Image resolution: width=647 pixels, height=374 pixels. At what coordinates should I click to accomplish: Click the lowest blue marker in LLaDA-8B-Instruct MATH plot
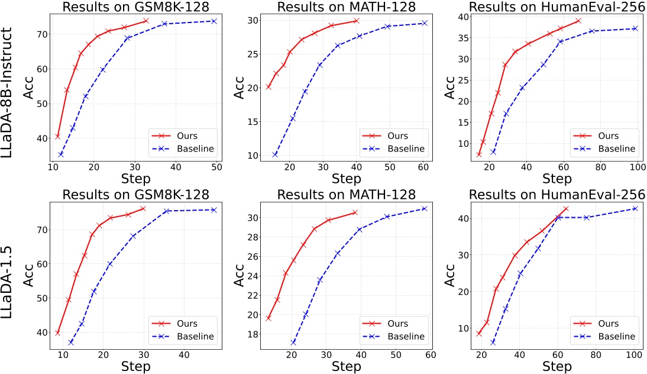275,155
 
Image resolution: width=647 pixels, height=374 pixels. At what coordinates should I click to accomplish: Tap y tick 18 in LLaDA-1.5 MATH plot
254,334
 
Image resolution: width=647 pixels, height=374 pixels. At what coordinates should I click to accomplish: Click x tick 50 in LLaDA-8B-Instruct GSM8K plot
216,168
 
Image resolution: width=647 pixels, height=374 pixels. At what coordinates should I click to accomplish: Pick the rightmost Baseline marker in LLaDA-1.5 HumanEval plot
635,208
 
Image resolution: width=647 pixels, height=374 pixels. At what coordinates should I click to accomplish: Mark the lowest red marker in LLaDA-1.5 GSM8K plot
57,333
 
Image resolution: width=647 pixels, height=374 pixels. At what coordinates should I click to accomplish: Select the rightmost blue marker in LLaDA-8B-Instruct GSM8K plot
213,21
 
